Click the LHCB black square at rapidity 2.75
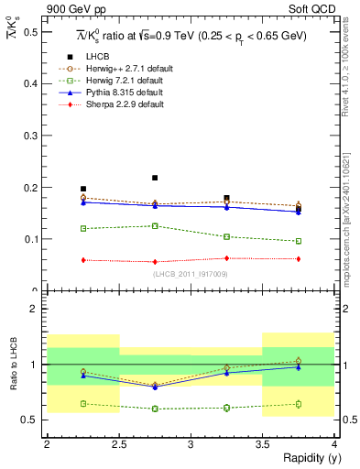[155, 178]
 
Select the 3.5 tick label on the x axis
[263, 443]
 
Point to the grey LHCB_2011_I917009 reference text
[191, 273]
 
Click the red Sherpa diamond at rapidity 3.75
[299, 259]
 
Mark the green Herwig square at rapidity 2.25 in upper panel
[83, 228]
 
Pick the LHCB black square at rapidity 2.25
[83, 189]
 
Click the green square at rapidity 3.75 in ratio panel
[299, 403]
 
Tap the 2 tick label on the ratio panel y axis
[34, 309]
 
